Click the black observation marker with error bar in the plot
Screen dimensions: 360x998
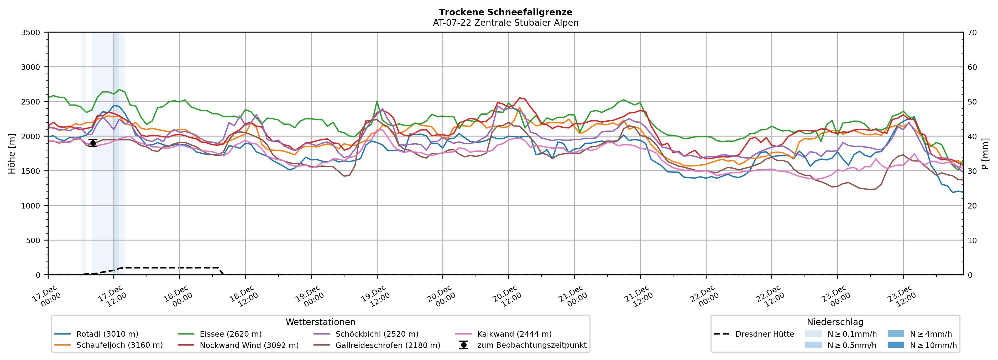tap(93, 143)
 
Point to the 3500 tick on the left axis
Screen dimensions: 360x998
tap(31, 33)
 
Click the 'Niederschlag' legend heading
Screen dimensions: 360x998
tap(835, 322)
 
